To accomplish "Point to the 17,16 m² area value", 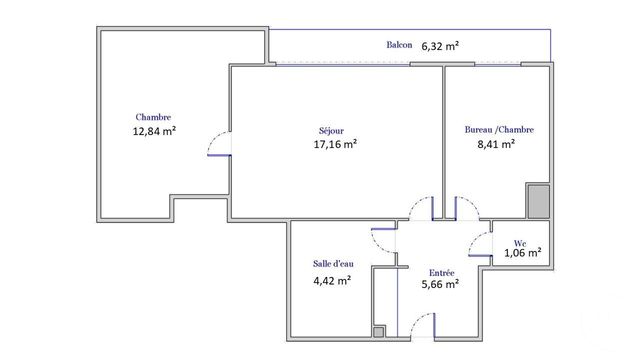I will [335, 143].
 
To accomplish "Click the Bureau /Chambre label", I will [499, 129].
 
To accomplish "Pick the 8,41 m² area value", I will [496, 143].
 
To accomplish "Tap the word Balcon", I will [400, 46].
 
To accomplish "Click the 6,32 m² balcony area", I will [440, 46].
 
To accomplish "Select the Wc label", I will [520, 242].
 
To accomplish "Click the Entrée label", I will [442, 272].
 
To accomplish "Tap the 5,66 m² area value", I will [440, 284].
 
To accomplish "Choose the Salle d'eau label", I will [333, 264].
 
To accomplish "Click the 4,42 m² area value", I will [332, 280].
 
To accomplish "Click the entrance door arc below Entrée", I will [424, 322].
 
